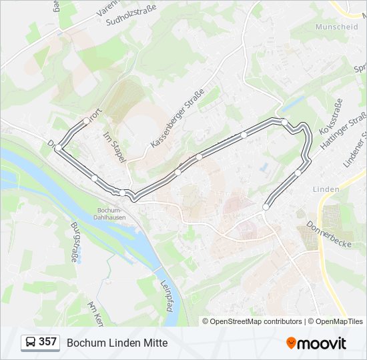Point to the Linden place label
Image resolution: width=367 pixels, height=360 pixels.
pos(326,189)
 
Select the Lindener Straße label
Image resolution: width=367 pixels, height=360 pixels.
pos(356,147)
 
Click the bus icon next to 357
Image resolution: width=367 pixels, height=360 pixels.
pos(31,342)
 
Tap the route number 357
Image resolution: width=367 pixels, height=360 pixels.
pos(47,342)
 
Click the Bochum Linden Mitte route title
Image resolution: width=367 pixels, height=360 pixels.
pos(117,343)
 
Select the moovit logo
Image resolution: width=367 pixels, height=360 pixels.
pos(316,343)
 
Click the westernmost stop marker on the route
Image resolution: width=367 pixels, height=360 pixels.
pos(59,147)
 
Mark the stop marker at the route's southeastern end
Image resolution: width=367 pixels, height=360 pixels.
pos(266,207)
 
